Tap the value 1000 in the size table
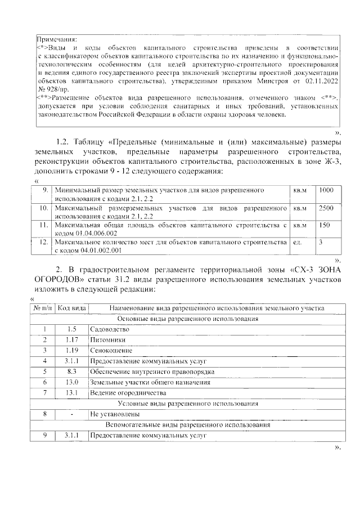coord(326,191)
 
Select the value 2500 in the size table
coord(326,208)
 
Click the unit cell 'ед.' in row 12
coord(297,242)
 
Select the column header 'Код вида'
coord(71,308)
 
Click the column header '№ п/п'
coord(42,308)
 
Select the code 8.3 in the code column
coord(71,372)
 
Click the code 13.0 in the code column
coord(71,382)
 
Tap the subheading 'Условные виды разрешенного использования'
coord(188,404)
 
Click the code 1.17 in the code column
coord(71,340)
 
